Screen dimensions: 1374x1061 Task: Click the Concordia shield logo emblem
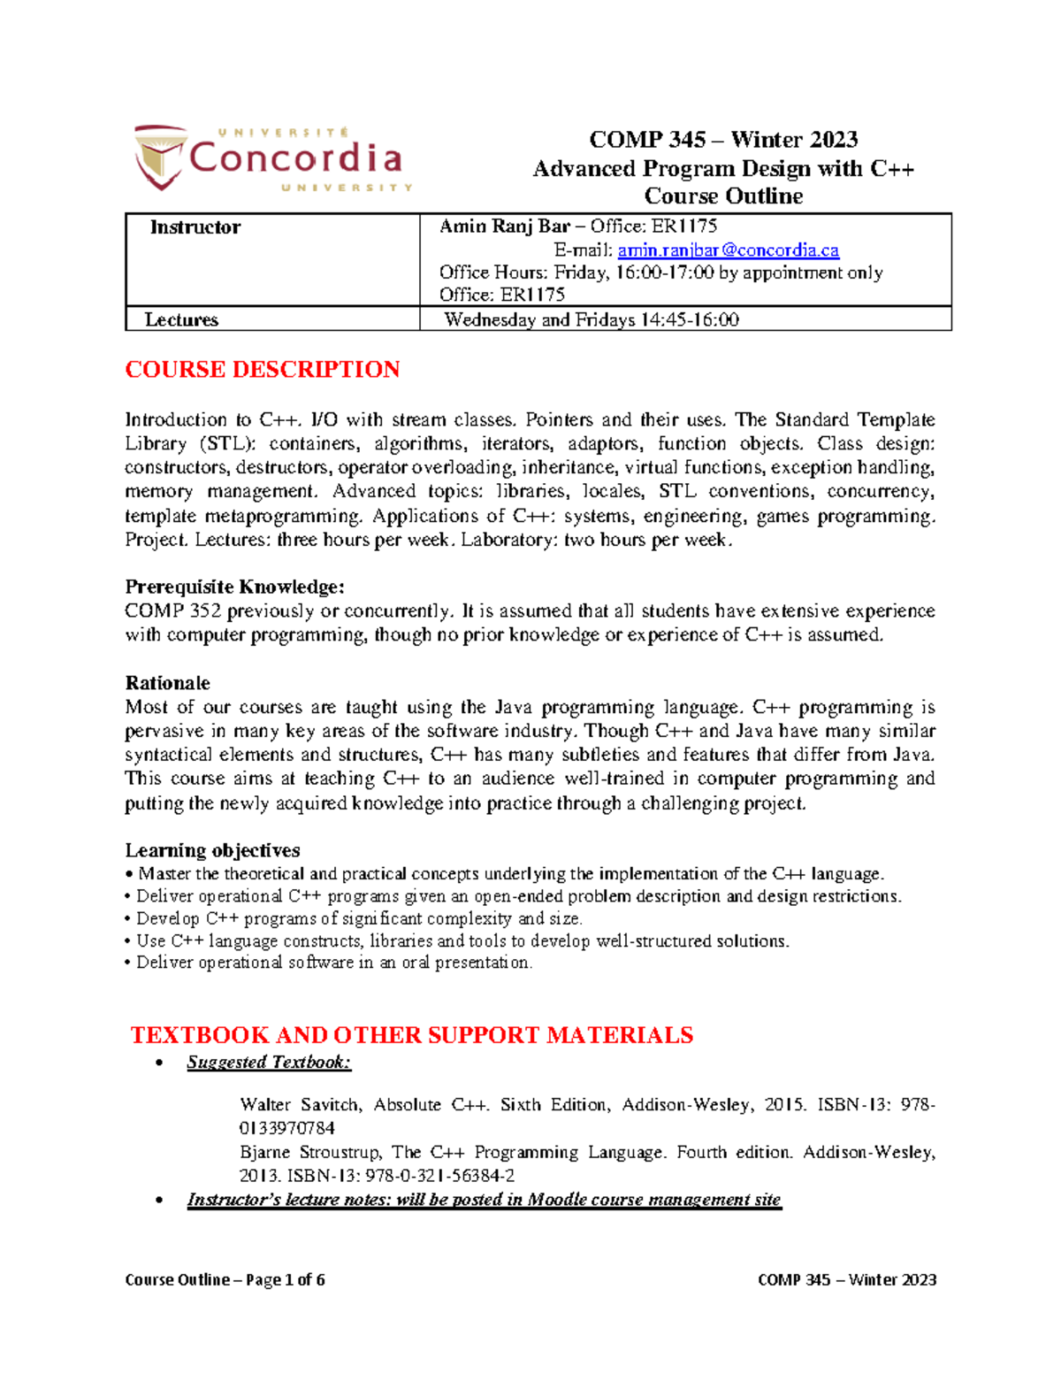pos(160,157)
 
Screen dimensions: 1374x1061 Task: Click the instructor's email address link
pos(728,250)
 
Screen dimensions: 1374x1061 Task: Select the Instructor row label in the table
pos(195,227)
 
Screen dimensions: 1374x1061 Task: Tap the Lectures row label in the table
pos(181,319)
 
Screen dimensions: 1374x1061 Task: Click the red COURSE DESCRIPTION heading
pos(262,369)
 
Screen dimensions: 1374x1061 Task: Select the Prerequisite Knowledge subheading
pos(234,587)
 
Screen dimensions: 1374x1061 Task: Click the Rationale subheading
pos(167,682)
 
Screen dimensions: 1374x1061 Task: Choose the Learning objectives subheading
pos(212,850)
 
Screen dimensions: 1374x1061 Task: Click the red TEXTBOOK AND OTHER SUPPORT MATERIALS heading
pos(411,1034)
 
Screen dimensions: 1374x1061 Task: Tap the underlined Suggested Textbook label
pos(269,1062)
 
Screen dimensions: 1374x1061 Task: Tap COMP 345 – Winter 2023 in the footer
pos(846,1279)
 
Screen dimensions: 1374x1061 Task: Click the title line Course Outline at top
pos(722,196)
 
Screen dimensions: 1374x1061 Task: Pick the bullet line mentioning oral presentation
pos(333,963)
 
